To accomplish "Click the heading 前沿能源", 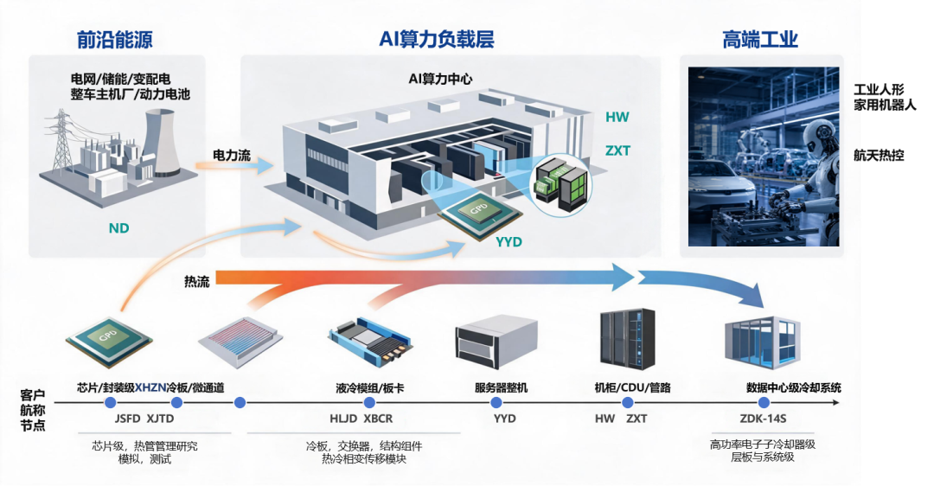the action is [115, 39].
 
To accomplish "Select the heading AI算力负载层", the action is [437, 39].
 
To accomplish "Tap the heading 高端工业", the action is [760, 39].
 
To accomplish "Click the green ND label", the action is [118, 228].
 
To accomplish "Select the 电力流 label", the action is [232, 156].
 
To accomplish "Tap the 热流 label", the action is [196, 282].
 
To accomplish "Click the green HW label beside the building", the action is [617, 117].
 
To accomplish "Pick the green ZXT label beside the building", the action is [617, 150].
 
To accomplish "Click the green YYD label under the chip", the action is [509, 242].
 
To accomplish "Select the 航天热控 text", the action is [879, 156].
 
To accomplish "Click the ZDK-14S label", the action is [763, 419].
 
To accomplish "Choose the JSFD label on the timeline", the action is [127, 419].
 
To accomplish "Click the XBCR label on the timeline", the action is [378, 419].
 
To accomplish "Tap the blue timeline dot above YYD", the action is [496, 403].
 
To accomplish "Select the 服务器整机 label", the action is [501, 388].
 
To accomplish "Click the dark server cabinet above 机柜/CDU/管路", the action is [627, 338].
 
